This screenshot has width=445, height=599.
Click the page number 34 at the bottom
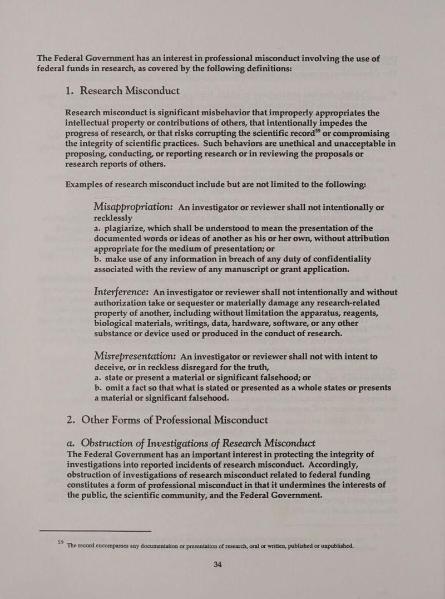pos(217,564)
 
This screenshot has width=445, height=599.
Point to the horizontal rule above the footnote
pos(95,532)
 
